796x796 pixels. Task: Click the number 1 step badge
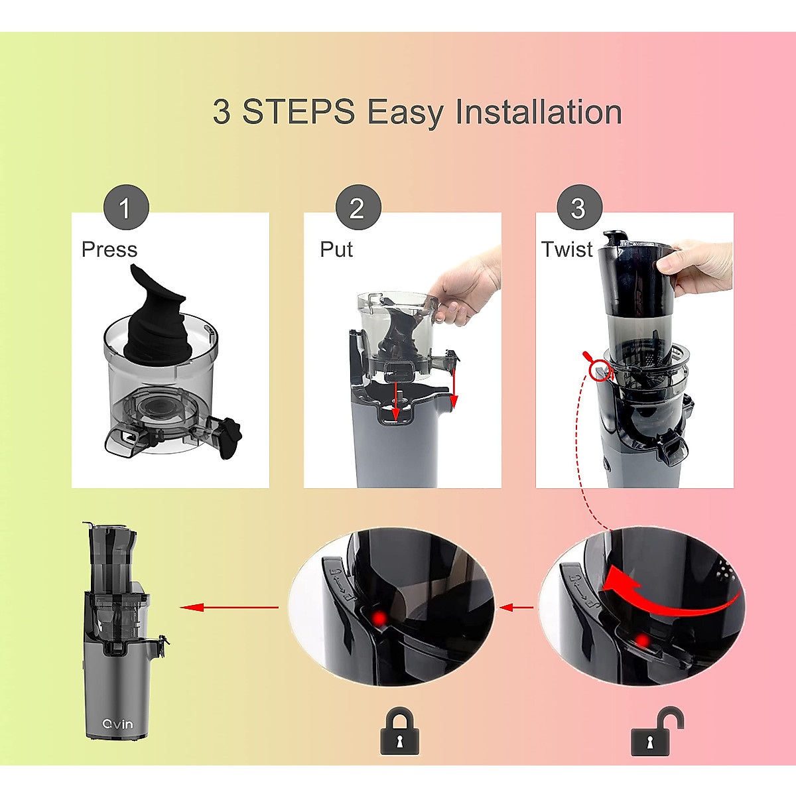(x=126, y=208)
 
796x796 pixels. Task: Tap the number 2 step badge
(x=358, y=208)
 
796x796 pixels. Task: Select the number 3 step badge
(x=580, y=208)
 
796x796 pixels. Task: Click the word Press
(x=109, y=249)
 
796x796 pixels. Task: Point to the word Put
(x=336, y=249)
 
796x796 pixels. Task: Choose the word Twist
(x=566, y=249)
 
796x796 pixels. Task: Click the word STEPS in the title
(x=298, y=111)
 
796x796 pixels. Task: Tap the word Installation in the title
(x=538, y=111)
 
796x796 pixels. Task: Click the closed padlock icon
(x=399, y=732)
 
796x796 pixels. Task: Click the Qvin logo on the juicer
(x=117, y=724)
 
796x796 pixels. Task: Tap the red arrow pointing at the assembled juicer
(x=230, y=607)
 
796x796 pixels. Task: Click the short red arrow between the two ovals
(x=516, y=608)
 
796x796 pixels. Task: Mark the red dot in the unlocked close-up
(x=641, y=641)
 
